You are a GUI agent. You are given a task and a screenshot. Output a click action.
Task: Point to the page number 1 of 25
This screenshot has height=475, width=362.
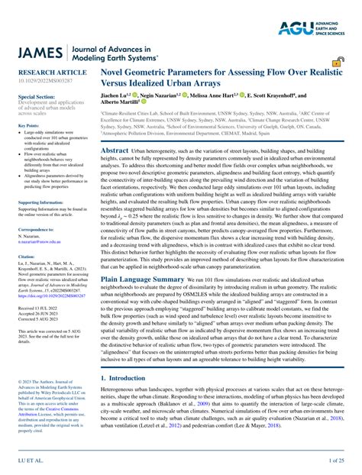point(338,460)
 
